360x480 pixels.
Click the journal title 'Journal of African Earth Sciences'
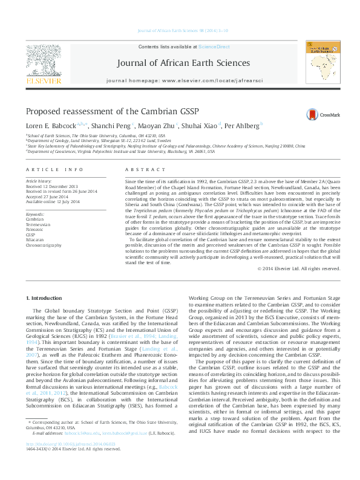[179, 62]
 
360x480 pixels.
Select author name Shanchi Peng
[120, 126]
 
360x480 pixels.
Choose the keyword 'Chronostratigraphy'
[44, 245]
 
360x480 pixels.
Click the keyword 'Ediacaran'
[34, 240]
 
